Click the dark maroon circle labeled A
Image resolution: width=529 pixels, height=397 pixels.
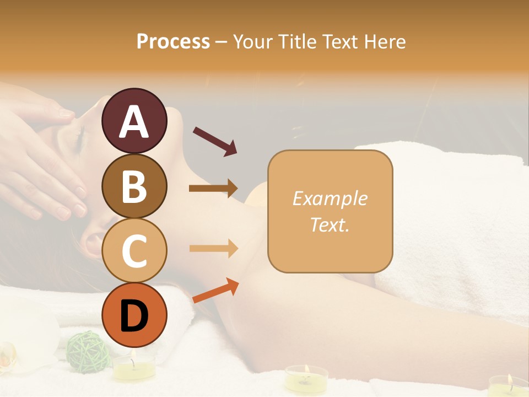134,121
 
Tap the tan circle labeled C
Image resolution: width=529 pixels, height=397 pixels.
134,250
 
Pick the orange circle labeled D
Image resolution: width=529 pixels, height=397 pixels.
134,315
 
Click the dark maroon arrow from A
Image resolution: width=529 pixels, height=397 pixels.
215,140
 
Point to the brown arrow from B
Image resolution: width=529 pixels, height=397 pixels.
213,189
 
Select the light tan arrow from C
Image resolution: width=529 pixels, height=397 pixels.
213,249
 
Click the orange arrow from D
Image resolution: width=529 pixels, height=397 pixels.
215,291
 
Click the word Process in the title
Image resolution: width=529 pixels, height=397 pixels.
173,41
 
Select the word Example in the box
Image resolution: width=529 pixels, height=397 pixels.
330,199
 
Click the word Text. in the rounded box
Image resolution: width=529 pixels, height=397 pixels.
330,224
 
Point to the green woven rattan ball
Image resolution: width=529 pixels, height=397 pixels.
87,348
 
